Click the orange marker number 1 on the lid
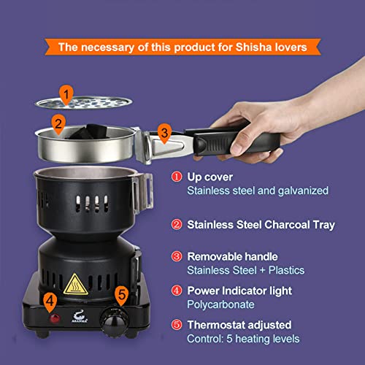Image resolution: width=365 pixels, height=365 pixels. [x=66, y=93]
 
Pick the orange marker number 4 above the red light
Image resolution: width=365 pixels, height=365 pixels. [x=50, y=299]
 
